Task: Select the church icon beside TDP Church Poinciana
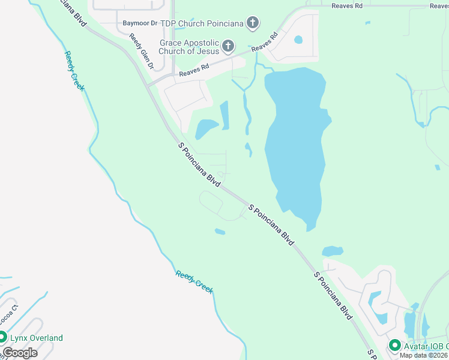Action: [x=253, y=23]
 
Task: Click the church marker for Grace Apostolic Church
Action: [x=228, y=46]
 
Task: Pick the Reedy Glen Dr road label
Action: [x=142, y=50]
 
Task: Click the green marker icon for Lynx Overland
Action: [x=2, y=337]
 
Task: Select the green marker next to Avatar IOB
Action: [x=394, y=345]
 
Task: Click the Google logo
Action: [x=20, y=353]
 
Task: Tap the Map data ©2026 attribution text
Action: [x=424, y=355]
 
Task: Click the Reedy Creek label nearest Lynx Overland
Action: [x=194, y=281]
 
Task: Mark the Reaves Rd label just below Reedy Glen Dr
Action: [x=193, y=73]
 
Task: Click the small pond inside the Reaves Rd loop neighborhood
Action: [x=298, y=40]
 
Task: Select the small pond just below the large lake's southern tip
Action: [x=332, y=251]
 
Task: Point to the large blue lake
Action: [x=297, y=144]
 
